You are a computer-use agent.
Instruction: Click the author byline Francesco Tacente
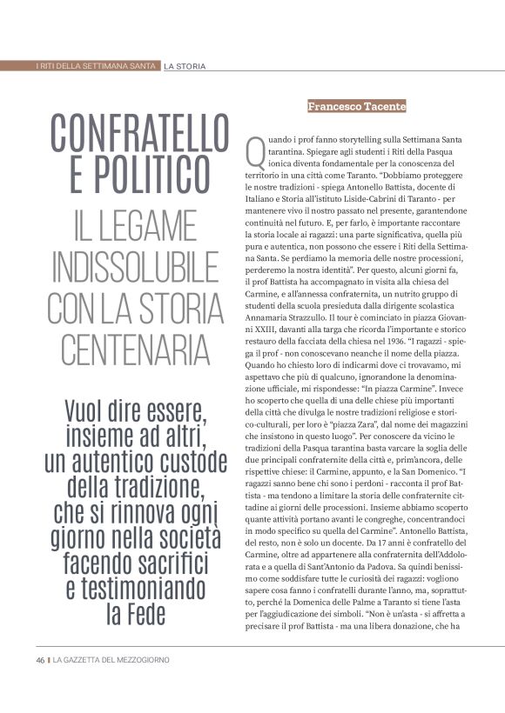click(x=356, y=106)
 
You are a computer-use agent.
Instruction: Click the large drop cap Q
click(x=256, y=153)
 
